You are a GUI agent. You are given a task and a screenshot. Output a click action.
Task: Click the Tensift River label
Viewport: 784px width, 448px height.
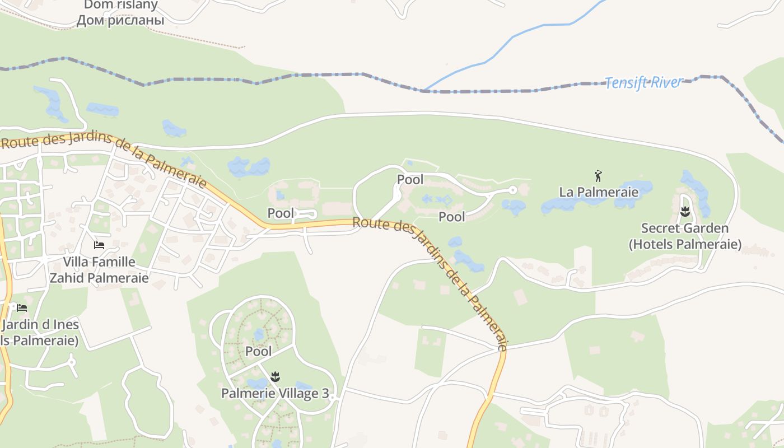tap(644, 83)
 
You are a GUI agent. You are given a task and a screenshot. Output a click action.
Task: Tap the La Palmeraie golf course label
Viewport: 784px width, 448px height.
tap(599, 192)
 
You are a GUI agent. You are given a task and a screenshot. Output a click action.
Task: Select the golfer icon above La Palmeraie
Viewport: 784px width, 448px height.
tap(598, 176)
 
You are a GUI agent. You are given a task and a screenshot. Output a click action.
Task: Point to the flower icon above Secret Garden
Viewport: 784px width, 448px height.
tap(684, 212)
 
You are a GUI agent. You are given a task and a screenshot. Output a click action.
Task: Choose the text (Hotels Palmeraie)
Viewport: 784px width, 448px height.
tap(685, 245)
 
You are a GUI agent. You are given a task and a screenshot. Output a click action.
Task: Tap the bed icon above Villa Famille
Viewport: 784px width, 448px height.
tap(99, 245)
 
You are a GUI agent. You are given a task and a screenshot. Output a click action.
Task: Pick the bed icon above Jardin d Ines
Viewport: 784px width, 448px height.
tap(22, 308)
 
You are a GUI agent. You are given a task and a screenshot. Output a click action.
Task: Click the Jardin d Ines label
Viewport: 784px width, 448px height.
tap(40, 325)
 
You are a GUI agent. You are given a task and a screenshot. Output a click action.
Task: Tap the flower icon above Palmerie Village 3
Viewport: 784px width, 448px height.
tap(274, 377)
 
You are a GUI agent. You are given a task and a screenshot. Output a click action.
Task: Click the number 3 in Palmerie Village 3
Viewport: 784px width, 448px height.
tap(325, 394)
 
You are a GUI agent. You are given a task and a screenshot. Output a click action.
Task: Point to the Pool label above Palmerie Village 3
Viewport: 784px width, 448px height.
tap(258, 352)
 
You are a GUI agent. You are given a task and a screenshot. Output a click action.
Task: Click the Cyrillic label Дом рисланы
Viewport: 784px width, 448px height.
tap(120, 21)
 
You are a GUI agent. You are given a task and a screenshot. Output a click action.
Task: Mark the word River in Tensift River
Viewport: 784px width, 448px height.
tap(666, 83)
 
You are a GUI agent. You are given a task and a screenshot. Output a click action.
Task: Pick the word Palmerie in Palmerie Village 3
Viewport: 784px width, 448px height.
tap(246, 394)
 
